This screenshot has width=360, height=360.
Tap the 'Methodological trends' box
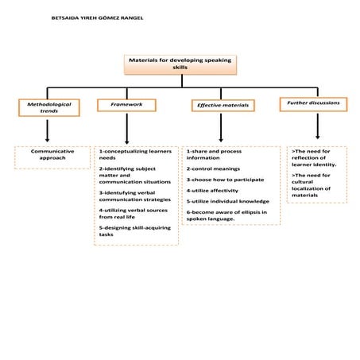point(48,106)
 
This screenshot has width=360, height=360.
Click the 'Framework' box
point(126,104)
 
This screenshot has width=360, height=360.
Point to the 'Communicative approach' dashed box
point(52,154)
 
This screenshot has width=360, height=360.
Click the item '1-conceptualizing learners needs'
point(125,154)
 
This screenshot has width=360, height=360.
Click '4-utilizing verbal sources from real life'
point(127,213)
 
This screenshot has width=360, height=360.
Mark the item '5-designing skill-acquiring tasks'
point(127,231)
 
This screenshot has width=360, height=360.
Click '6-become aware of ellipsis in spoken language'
point(227,215)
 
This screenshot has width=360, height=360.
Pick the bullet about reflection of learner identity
point(315,157)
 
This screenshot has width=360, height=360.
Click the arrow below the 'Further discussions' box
point(317,126)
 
